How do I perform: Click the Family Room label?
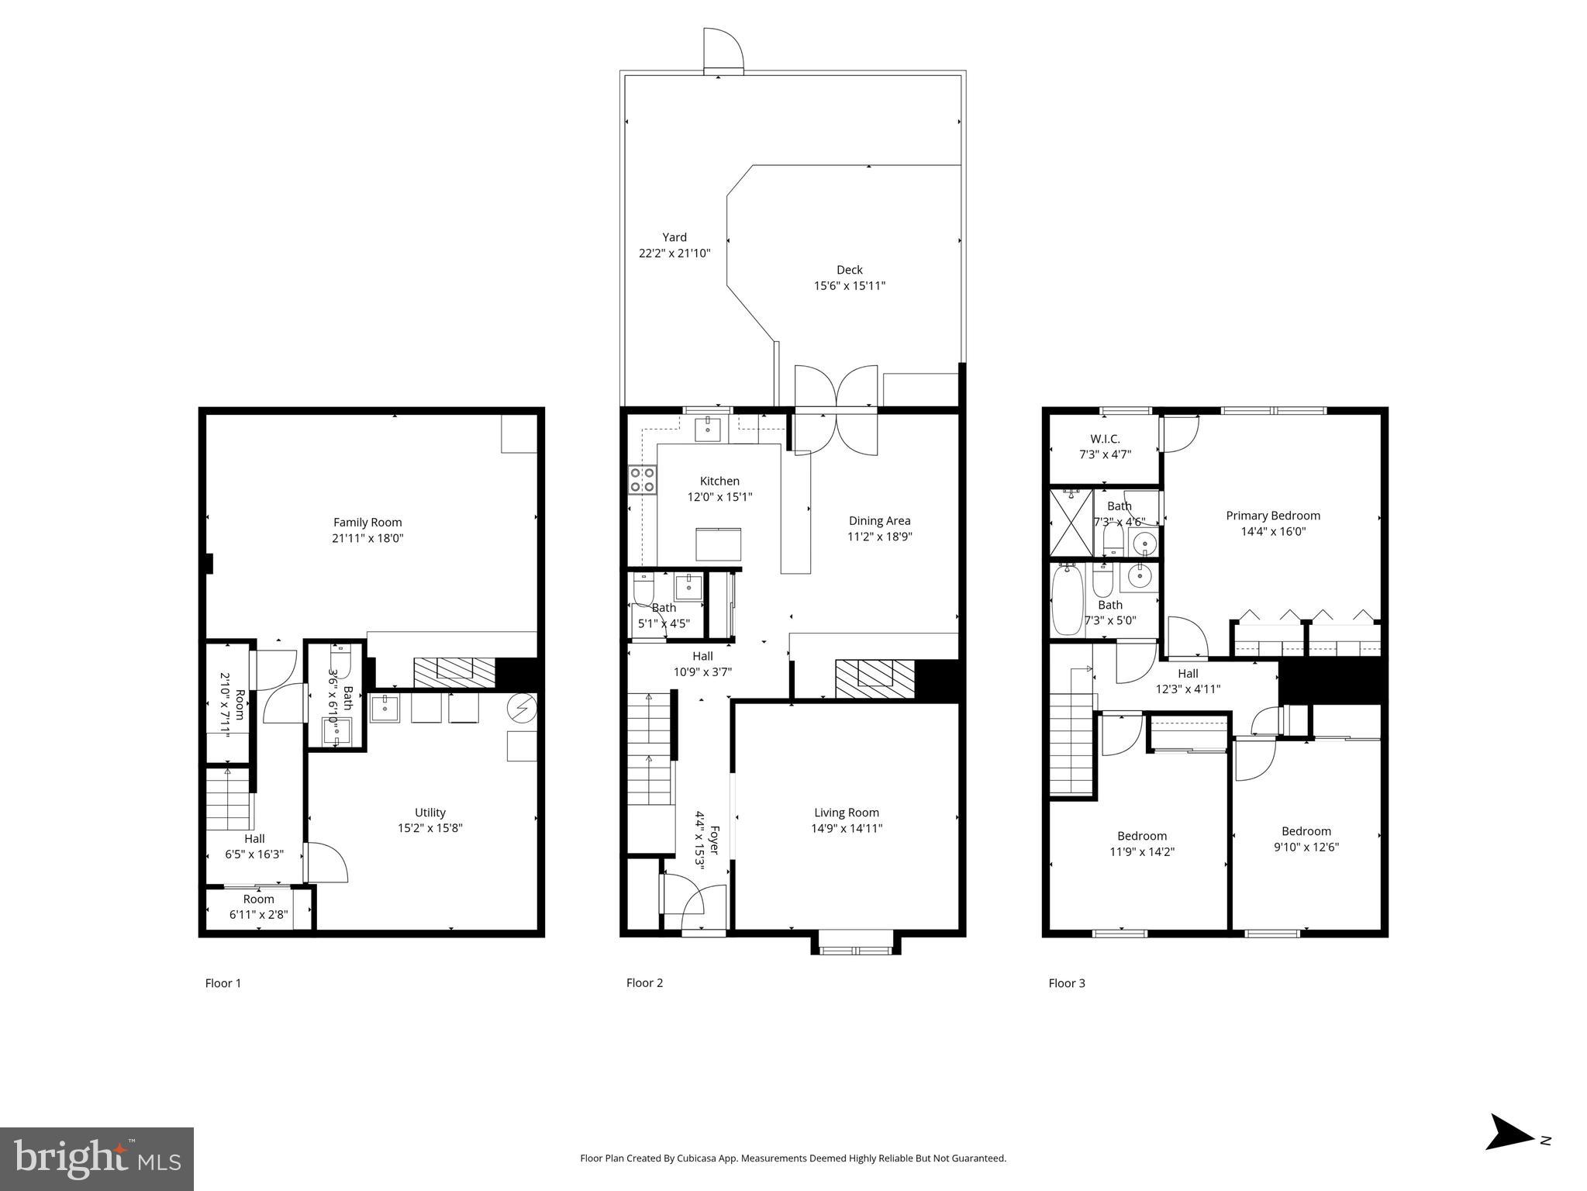coord(367,523)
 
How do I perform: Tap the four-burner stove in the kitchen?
coord(642,480)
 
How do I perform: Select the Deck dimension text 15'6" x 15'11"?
coord(849,286)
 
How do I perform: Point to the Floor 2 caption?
coord(644,983)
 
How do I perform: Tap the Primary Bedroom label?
coord(1272,516)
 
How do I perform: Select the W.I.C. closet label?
coord(1105,439)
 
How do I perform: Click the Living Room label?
coord(846,813)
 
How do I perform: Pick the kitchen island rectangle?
coord(717,544)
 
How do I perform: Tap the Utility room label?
coord(430,813)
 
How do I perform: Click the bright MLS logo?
coord(97,1158)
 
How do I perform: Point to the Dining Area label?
coord(879,521)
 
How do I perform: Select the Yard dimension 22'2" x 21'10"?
coord(674,254)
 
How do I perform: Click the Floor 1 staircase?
coord(229,799)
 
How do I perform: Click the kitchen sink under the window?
coord(707,429)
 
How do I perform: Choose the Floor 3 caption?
coord(1066,983)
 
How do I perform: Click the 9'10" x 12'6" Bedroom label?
coord(1306,831)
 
